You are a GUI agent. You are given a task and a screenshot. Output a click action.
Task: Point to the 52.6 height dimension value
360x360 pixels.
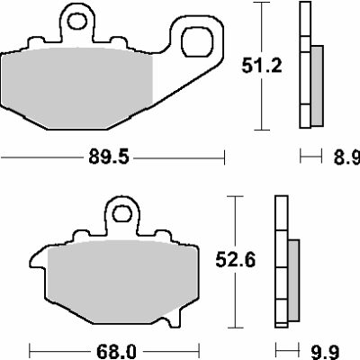tap(241, 259)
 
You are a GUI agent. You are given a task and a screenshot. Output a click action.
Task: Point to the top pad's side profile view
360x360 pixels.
tap(308, 67)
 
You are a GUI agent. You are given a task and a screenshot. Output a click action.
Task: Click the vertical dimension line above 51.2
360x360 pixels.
tap(261, 27)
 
